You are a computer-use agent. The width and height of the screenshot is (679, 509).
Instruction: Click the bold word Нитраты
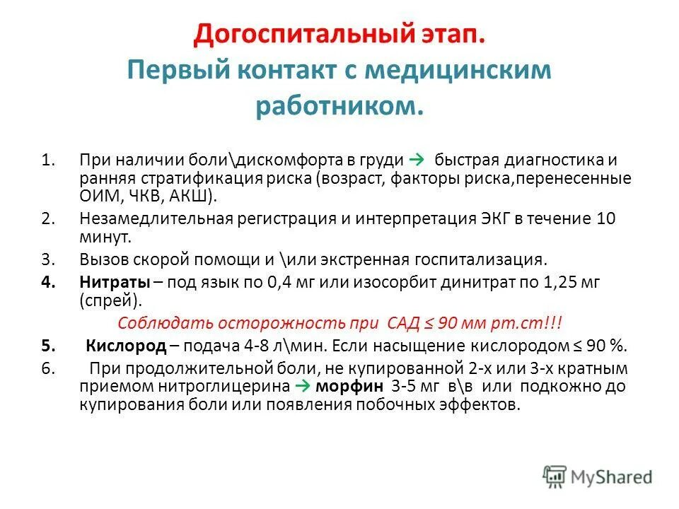pos(114,281)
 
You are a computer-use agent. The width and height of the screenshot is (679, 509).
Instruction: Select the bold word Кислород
pos(126,346)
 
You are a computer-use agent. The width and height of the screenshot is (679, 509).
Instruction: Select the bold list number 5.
pos(46,346)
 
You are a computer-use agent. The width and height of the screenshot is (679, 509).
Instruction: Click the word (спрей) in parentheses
pos(108,300)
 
